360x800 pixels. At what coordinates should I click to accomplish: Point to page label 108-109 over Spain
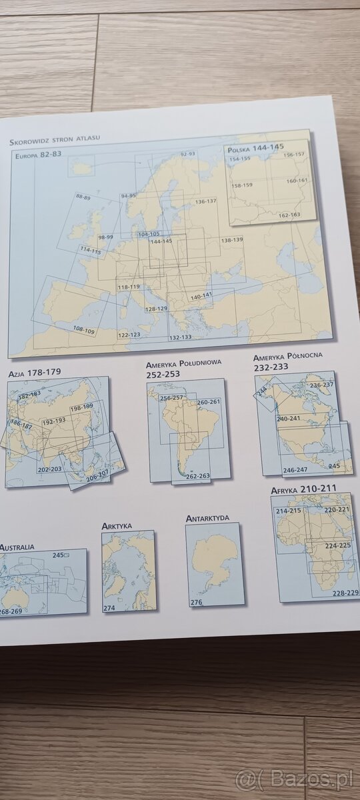pyautogui.click(x=84, y=330)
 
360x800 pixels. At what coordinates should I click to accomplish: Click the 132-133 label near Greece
pyautogui.click(x=181, y=337)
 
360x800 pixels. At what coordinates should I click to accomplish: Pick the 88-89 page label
pyautogui.click(x=83, y=197)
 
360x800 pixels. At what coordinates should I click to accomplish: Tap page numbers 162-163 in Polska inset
pyautogui.click(x=289, y=215)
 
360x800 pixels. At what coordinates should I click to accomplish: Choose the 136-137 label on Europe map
pyautogui.click(x=206, y=201)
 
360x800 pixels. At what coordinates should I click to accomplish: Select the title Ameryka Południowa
pyautogui.click(x=184, y=365)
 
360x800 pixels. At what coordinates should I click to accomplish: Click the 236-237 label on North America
pyautogui.click(x=322, y=385)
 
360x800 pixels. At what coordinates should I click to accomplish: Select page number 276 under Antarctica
pyautogui.click(x=196, y=603)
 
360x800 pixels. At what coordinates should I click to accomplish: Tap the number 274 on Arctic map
pyautogui.click(x=109, y=608)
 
